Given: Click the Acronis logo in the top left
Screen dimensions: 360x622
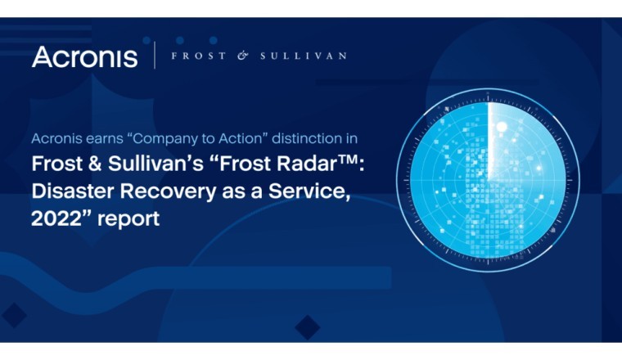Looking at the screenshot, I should (x=84, y=56).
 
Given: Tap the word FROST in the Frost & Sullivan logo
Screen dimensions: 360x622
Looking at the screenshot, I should (x=194, y=56).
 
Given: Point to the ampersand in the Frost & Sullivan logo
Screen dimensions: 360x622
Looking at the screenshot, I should (x=243, y=56).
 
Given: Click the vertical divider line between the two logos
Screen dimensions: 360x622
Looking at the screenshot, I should (x=154, y=56).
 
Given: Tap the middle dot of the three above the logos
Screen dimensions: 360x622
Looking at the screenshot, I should (x=179, y=40).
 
